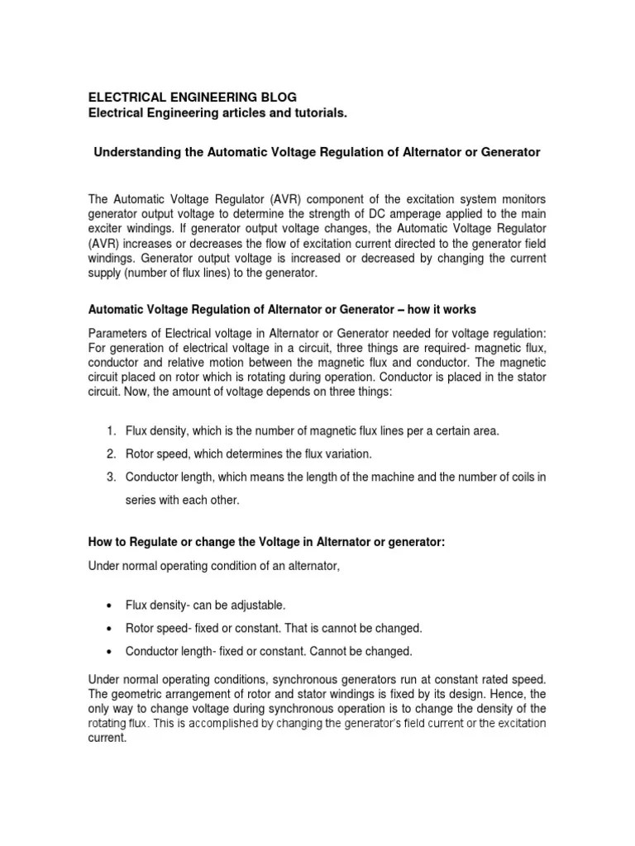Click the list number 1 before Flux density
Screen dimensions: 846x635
(x=110, y=431)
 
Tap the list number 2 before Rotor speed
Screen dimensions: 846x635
(x=110, y=454)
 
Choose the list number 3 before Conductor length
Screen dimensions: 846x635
(x=110, y=477)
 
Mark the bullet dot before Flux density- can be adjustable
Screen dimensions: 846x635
(x=111, y=606)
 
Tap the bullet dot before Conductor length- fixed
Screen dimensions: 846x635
(x=111, y=652)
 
